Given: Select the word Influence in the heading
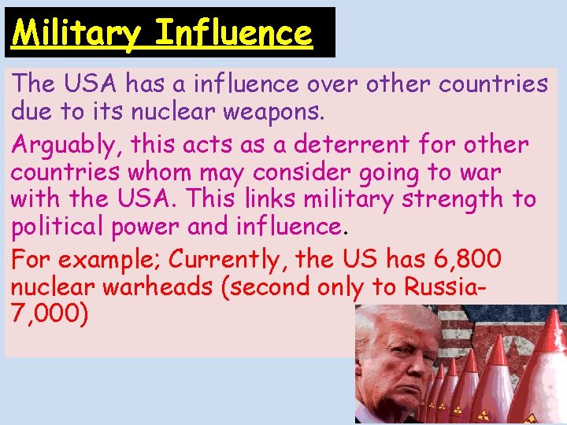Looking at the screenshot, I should [234, 33].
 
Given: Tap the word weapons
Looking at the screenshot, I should [272, 113].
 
